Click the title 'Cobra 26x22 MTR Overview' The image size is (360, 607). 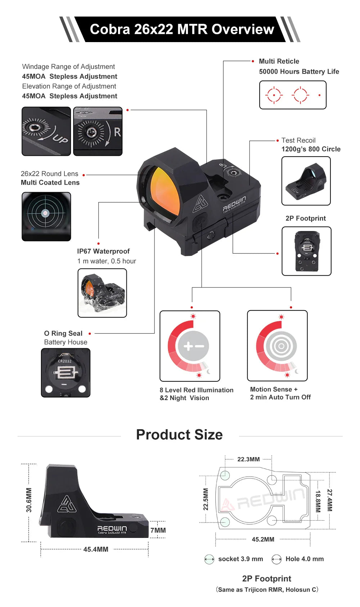[x=182, y=29]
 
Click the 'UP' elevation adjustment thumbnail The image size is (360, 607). [x=46, y=131]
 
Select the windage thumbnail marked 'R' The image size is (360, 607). [x=98, y=131]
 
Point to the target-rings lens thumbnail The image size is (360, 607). [x=46, y=217]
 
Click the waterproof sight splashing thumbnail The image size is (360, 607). [x=102, y=293]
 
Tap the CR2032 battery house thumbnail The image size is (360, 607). [x=66, y=373]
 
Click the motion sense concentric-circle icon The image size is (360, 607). [x=281, y=346]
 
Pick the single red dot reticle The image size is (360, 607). [x=320, y=95]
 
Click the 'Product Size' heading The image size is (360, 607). [x=179, y=435]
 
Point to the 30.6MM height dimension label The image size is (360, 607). [x=29, y=500]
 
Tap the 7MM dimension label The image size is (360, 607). [x=158, y=530]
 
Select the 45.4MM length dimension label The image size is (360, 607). [x=96, y=549]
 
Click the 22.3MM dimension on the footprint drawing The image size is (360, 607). [x=249, y=459]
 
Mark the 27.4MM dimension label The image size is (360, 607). [x=330, y=500]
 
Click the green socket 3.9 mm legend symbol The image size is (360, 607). [x=209, y=559]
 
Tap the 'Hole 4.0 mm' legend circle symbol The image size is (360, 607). [x=276, y=559]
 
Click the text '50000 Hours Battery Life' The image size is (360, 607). [x=299, y=72]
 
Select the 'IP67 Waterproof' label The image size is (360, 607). [x=103, y=251]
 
